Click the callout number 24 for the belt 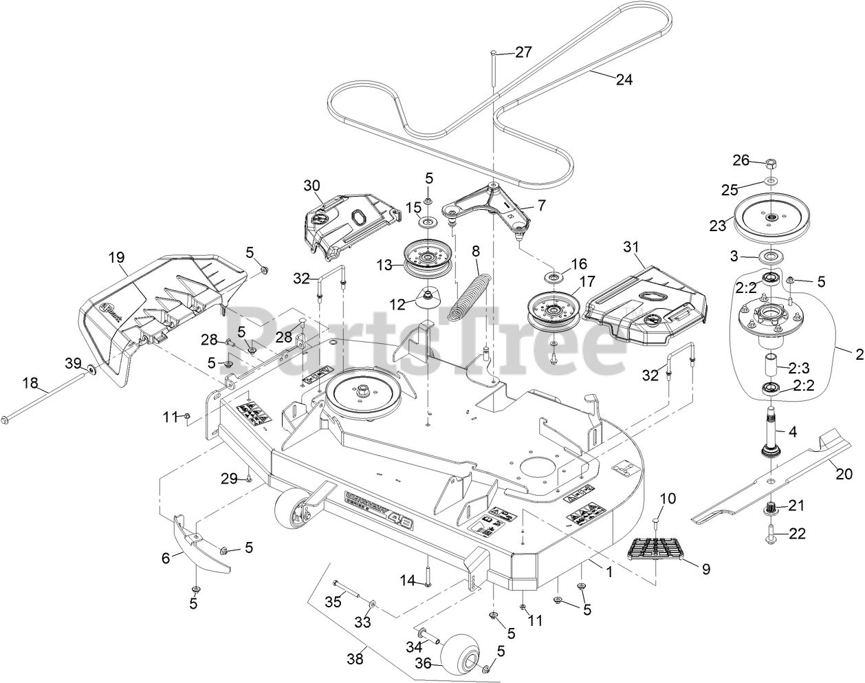623,80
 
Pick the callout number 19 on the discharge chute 116,258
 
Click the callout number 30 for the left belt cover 311,185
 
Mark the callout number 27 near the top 523,53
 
